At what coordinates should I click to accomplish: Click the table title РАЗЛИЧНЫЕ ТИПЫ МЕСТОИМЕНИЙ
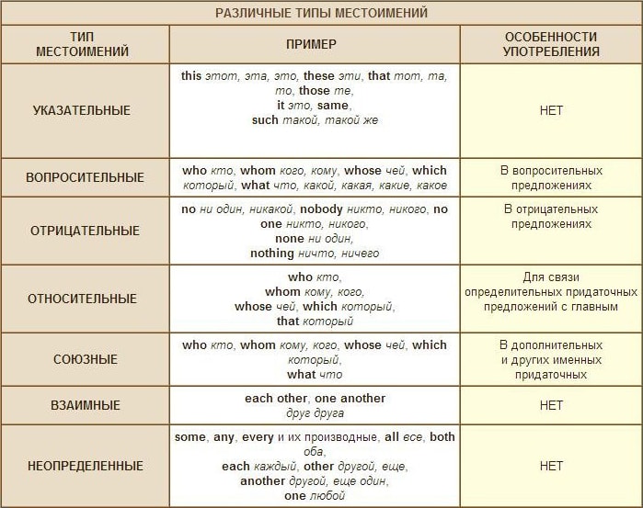point(321,13)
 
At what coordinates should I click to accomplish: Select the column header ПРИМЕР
point(313,44)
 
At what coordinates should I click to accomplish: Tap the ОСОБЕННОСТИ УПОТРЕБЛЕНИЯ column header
point(551,44)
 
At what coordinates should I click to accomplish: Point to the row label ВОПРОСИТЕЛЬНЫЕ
point(85,177)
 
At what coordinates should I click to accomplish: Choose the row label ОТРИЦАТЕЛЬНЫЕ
point(84,231)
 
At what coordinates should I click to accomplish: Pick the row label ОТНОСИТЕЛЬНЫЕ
point(83,299)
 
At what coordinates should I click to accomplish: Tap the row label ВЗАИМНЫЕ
point(85,405)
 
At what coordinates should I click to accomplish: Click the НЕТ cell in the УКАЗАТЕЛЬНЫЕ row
point(551,110)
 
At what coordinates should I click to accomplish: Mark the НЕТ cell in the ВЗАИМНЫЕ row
point(551,405)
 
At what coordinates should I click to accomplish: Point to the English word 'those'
point(314,91)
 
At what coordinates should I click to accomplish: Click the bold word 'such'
point(265,120)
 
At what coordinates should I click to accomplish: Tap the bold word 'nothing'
point(271,254)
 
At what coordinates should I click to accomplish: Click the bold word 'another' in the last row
point(263,481)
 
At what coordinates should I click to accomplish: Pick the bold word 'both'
point(442,437)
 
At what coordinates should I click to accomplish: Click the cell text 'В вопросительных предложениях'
point(551,177)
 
